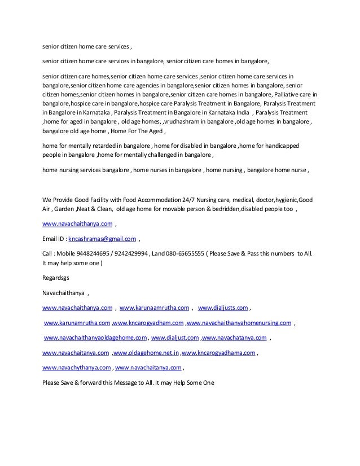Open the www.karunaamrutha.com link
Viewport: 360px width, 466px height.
click(155, 308)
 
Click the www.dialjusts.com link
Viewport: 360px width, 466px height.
click(223, 308)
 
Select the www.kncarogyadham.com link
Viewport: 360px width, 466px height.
click(148, 323)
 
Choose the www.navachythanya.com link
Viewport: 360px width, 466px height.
click(77, 367)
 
